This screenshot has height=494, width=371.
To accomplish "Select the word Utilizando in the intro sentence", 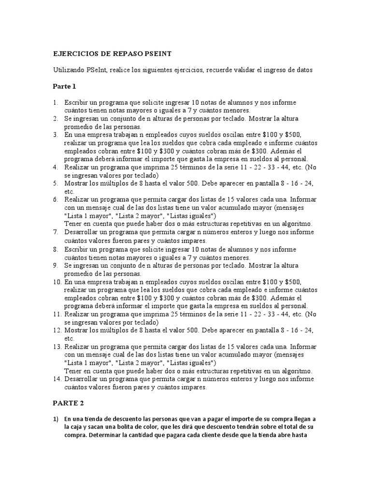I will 69,70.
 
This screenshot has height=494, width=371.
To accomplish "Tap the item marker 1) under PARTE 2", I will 56,419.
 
